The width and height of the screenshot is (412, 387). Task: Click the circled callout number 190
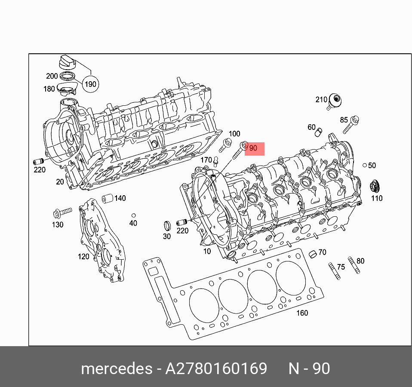(90, 84)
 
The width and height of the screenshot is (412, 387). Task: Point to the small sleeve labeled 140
(108, 199)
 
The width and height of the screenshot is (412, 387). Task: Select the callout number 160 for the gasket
(302, 313)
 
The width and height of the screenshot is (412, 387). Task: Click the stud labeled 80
(354, 265)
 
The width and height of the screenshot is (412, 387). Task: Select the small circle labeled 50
(364, 165)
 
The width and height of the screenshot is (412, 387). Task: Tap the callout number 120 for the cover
(83, 257)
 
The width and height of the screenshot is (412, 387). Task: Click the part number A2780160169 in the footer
(216, 369)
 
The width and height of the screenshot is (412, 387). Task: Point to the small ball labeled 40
(134, 215)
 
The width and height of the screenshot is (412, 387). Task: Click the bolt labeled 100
(225, 145)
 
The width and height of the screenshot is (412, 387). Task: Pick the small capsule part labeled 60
(319, 130)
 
